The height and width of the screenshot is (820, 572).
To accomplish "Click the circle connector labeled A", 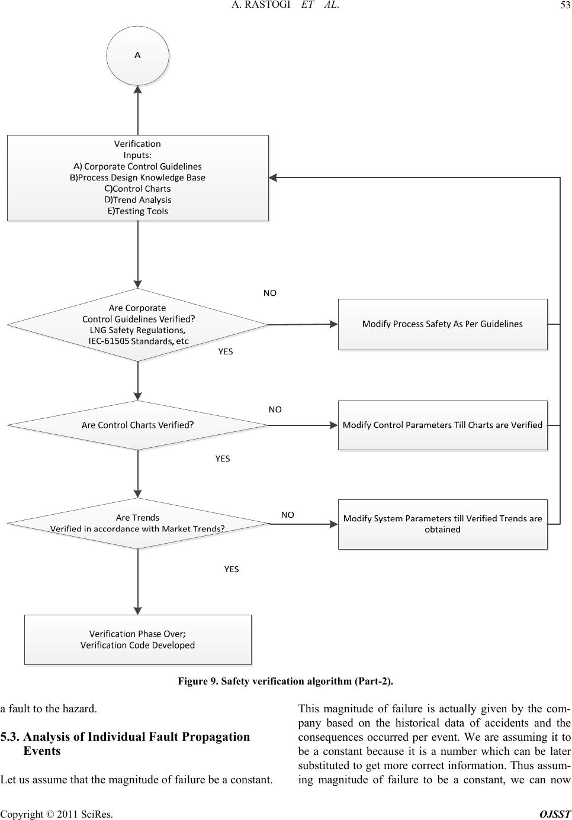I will click(137, 55).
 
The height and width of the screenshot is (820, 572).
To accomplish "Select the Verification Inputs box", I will click(137, 177).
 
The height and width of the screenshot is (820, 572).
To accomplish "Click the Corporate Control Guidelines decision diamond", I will click(137, 324).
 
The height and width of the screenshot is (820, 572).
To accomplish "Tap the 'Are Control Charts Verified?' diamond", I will click(137, 425).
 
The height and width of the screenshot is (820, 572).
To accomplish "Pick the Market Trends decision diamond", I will click(137, 523).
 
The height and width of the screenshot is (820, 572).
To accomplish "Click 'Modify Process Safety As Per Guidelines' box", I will click(442, 324).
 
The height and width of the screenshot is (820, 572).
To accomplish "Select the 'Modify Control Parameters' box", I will click(442, 425).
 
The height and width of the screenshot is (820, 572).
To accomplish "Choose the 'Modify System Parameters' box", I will click(442, 524).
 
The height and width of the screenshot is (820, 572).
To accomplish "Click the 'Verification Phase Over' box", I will click(137, 640).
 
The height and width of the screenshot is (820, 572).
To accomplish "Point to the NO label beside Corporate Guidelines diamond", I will click(269, 293).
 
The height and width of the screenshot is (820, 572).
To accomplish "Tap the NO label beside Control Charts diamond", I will click(275, 409).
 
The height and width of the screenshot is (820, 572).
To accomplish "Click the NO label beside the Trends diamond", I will click(287, 515).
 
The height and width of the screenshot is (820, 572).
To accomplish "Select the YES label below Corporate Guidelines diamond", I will click(226, 351).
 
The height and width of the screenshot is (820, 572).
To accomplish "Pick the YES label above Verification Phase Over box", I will click(231, 569).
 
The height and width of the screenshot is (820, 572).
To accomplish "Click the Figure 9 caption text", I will click(285, 681).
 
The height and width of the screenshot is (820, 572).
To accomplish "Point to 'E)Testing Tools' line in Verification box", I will click(137, 211).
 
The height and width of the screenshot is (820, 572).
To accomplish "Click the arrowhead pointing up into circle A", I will click(138, 90).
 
